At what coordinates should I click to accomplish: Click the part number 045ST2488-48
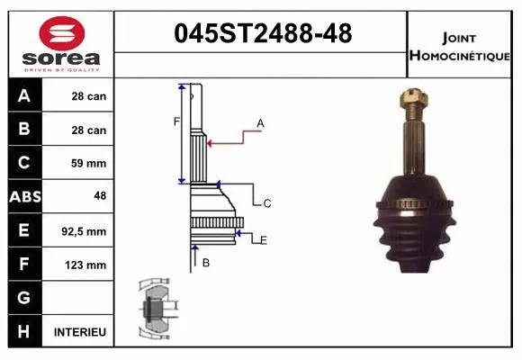262,35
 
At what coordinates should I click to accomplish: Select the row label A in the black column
24,96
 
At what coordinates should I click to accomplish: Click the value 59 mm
89,164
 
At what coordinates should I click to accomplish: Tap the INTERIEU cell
80,332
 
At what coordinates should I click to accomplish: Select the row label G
24,298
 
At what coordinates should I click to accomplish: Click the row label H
24,332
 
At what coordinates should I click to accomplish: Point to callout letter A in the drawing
260,123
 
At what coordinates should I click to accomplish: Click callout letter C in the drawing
267,203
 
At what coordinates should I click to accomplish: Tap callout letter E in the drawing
263,240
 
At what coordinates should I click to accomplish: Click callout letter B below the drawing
206,262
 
